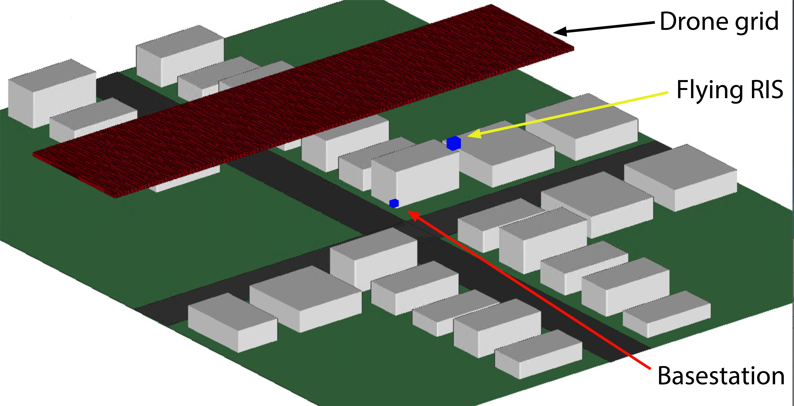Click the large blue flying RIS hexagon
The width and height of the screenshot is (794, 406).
(454, 143)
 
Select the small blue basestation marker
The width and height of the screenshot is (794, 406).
(394, 203)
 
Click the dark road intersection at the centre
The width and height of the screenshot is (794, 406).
(410, 228)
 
